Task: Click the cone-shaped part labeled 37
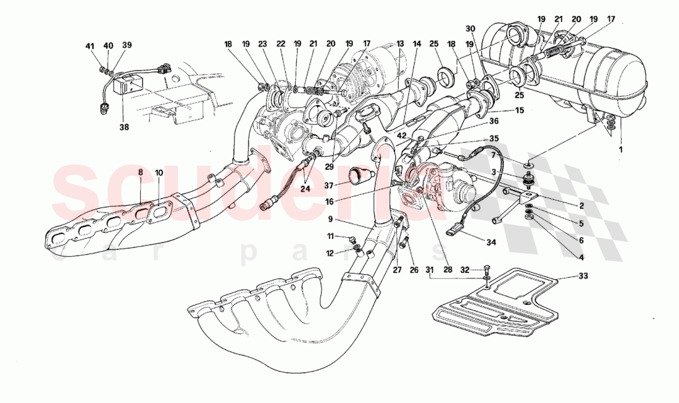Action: [359, 177]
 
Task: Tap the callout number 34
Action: [490, 243]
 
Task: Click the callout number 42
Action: [402, 135]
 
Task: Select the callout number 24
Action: [305, 189]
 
